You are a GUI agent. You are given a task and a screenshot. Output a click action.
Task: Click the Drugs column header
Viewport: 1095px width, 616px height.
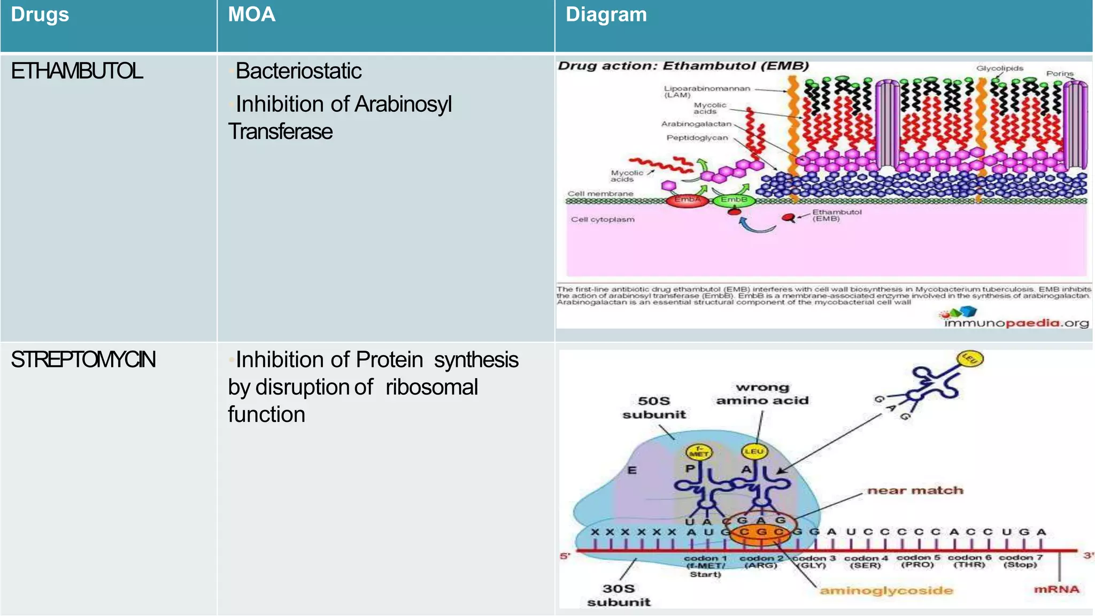click(40, 15)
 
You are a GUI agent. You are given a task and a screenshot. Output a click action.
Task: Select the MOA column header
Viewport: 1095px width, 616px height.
click(251, 15)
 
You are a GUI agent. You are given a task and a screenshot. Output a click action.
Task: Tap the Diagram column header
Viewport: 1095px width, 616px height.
click(606, 15)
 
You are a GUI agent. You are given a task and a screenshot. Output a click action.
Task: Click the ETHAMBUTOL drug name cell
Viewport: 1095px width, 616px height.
click(77, 71)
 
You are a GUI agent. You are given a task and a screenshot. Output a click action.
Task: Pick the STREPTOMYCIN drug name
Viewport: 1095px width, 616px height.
click(83, 360)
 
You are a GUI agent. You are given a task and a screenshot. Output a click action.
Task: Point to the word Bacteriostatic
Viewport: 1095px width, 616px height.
click(298, 71)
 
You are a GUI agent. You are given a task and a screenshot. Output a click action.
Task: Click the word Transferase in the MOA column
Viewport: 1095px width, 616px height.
click(281, 132)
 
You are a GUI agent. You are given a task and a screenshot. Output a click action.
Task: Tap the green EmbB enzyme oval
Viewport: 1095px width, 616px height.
click(734, 200)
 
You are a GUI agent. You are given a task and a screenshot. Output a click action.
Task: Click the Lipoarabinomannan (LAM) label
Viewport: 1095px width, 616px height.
click(706, 91)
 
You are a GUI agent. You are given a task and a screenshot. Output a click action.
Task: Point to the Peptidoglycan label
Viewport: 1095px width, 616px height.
click(697, 138)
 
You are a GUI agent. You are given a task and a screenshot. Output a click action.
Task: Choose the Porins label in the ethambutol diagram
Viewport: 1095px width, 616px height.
click(1060, 74)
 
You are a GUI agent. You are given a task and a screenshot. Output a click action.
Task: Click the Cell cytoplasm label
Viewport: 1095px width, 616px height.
click(603, 219)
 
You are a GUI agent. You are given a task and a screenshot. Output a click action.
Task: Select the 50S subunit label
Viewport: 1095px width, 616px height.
click(654, 407)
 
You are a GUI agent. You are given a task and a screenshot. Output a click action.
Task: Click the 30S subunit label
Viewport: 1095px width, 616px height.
click(619, 595)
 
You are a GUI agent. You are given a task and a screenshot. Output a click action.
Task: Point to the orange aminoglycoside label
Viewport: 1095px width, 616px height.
click(886, 591)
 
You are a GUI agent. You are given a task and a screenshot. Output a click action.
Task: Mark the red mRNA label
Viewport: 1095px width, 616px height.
click(1057, 589)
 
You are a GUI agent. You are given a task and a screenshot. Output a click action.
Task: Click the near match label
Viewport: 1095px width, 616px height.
click(915, 490)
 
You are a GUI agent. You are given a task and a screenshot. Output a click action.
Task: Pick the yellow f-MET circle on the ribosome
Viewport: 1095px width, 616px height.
click(698, 452)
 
